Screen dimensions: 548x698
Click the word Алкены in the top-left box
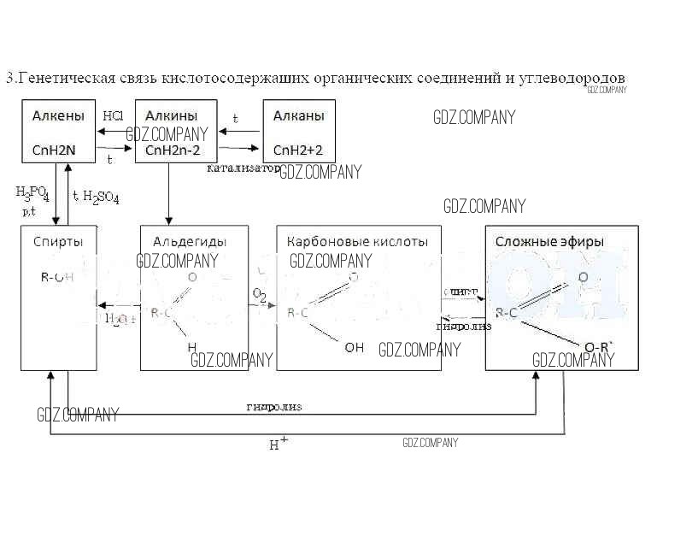tap(58, 115)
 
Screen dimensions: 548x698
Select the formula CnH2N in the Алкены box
tap(54, 150)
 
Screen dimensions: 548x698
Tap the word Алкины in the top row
tap(172, 115)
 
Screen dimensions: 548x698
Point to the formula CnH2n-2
tap(176, 150)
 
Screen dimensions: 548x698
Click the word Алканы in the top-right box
tap(298, 115)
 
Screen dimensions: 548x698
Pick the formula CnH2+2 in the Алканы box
tap(298, 150)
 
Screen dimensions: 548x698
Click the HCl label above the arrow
tap(113, 115)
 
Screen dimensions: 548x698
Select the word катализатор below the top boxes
tap(243, 168)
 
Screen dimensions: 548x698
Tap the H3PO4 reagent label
tap(32, 193)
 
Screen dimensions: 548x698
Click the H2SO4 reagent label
tap(100, 197)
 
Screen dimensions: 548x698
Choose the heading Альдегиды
tap(182, 242)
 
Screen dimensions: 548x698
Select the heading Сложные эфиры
tap(549, 242)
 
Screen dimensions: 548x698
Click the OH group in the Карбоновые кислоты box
tap(354, 347)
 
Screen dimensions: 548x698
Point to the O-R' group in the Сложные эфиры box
tap(598, 346)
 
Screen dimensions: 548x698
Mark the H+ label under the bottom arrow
tap(279, 444)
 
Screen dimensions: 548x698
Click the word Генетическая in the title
tap(67, 79)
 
